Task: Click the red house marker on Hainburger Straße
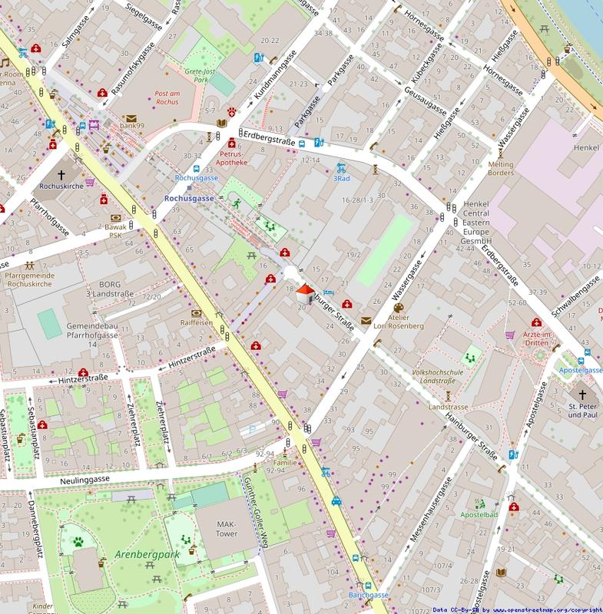point(305,294)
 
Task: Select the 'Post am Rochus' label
point(161,96)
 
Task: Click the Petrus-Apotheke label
point(230,158)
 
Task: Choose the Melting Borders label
point(500,168)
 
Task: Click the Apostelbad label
point(479,514)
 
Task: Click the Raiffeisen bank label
point(196,323)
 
